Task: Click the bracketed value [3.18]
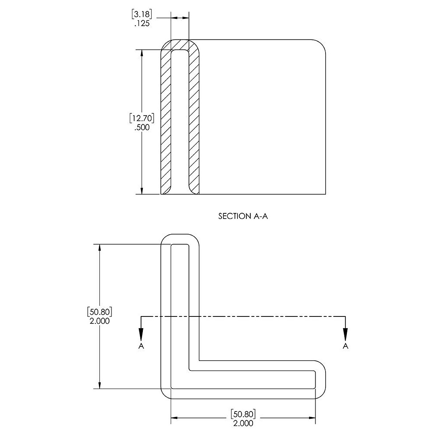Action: [142, 14]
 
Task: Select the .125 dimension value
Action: [142, 24]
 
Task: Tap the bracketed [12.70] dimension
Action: [142, 118]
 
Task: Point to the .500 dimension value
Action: [142, 128]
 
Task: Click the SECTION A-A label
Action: [243, 216]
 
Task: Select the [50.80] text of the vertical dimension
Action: [100, 312]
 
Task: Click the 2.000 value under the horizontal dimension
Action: [243, 423]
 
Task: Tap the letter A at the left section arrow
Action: [141, 346]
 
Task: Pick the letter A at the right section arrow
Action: [345, 346]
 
